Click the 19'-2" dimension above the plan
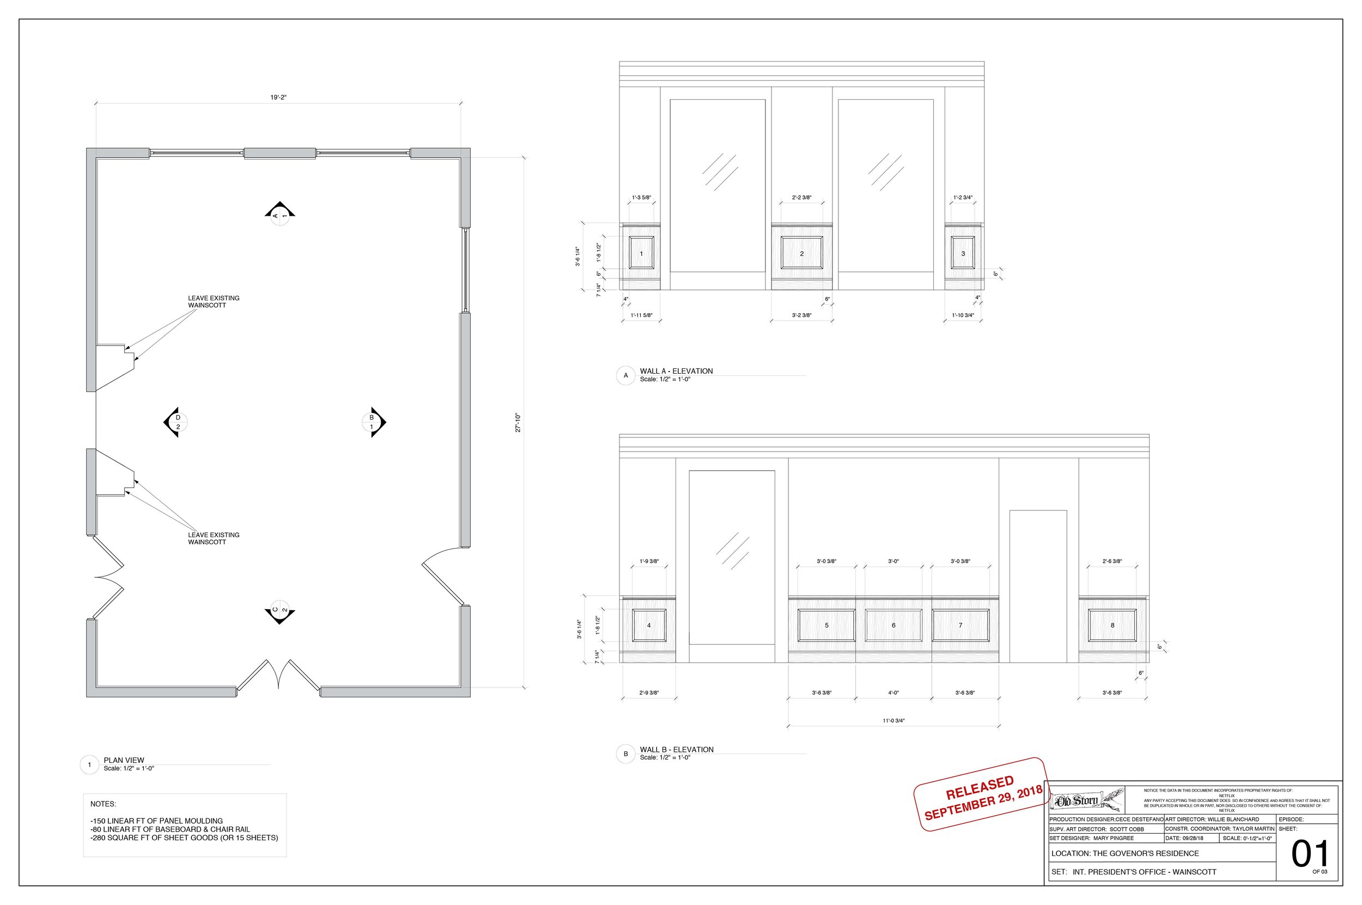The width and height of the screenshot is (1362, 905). point(278,98)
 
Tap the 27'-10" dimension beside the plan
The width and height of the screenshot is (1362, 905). point(518,422)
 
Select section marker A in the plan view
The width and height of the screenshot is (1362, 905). point(280,214)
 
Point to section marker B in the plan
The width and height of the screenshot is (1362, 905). point(373,422)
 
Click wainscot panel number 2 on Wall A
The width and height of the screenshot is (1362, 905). point(801,253)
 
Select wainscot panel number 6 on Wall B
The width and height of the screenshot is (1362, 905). point(893,625)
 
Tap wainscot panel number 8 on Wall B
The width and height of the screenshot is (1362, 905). point(1112,625)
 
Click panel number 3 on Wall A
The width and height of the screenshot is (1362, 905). point(963,253)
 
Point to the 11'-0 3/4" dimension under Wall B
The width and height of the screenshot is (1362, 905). point(893,721)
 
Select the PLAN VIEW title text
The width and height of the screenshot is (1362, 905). point(124,760)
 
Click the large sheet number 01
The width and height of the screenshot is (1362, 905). point(1309,855)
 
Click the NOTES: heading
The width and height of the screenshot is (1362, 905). point(103,804)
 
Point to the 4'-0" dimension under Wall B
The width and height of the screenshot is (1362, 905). point(893,693)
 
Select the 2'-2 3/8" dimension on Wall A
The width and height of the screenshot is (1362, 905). point(801,198)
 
